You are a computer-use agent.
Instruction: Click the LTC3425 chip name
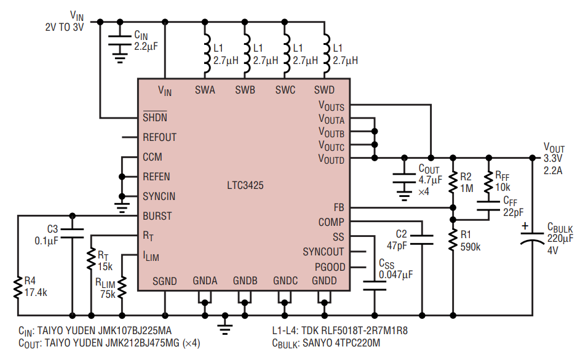(x=245, y=185)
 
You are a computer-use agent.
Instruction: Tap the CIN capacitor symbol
(x=119, y=41)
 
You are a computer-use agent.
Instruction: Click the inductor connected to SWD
(x=325, y=54)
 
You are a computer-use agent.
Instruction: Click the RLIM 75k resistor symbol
(x=122, y=287)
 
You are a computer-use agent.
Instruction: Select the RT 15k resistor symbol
(x=91, y=259)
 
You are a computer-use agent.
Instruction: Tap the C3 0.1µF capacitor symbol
(x=72, y=233)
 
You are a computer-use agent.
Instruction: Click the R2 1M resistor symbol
(x=453, y=182)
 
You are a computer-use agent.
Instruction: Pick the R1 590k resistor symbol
(x=453, y=240)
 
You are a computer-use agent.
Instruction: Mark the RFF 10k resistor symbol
(x=488, y=182)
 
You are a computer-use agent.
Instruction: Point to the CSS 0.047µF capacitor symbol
(x=375, y=286)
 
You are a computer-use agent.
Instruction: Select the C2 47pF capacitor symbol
(x=422, y=239)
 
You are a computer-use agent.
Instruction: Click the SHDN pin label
(x=155, y=117)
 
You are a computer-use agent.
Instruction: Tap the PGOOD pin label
(x=330, y=266)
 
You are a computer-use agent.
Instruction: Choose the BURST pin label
(x=157, y=216)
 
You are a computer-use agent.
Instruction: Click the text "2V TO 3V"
(x=65, y=27)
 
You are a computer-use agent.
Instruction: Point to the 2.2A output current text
(x=552, y=170)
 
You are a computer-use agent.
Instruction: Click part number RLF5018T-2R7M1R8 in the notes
(x=354, y=330)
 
